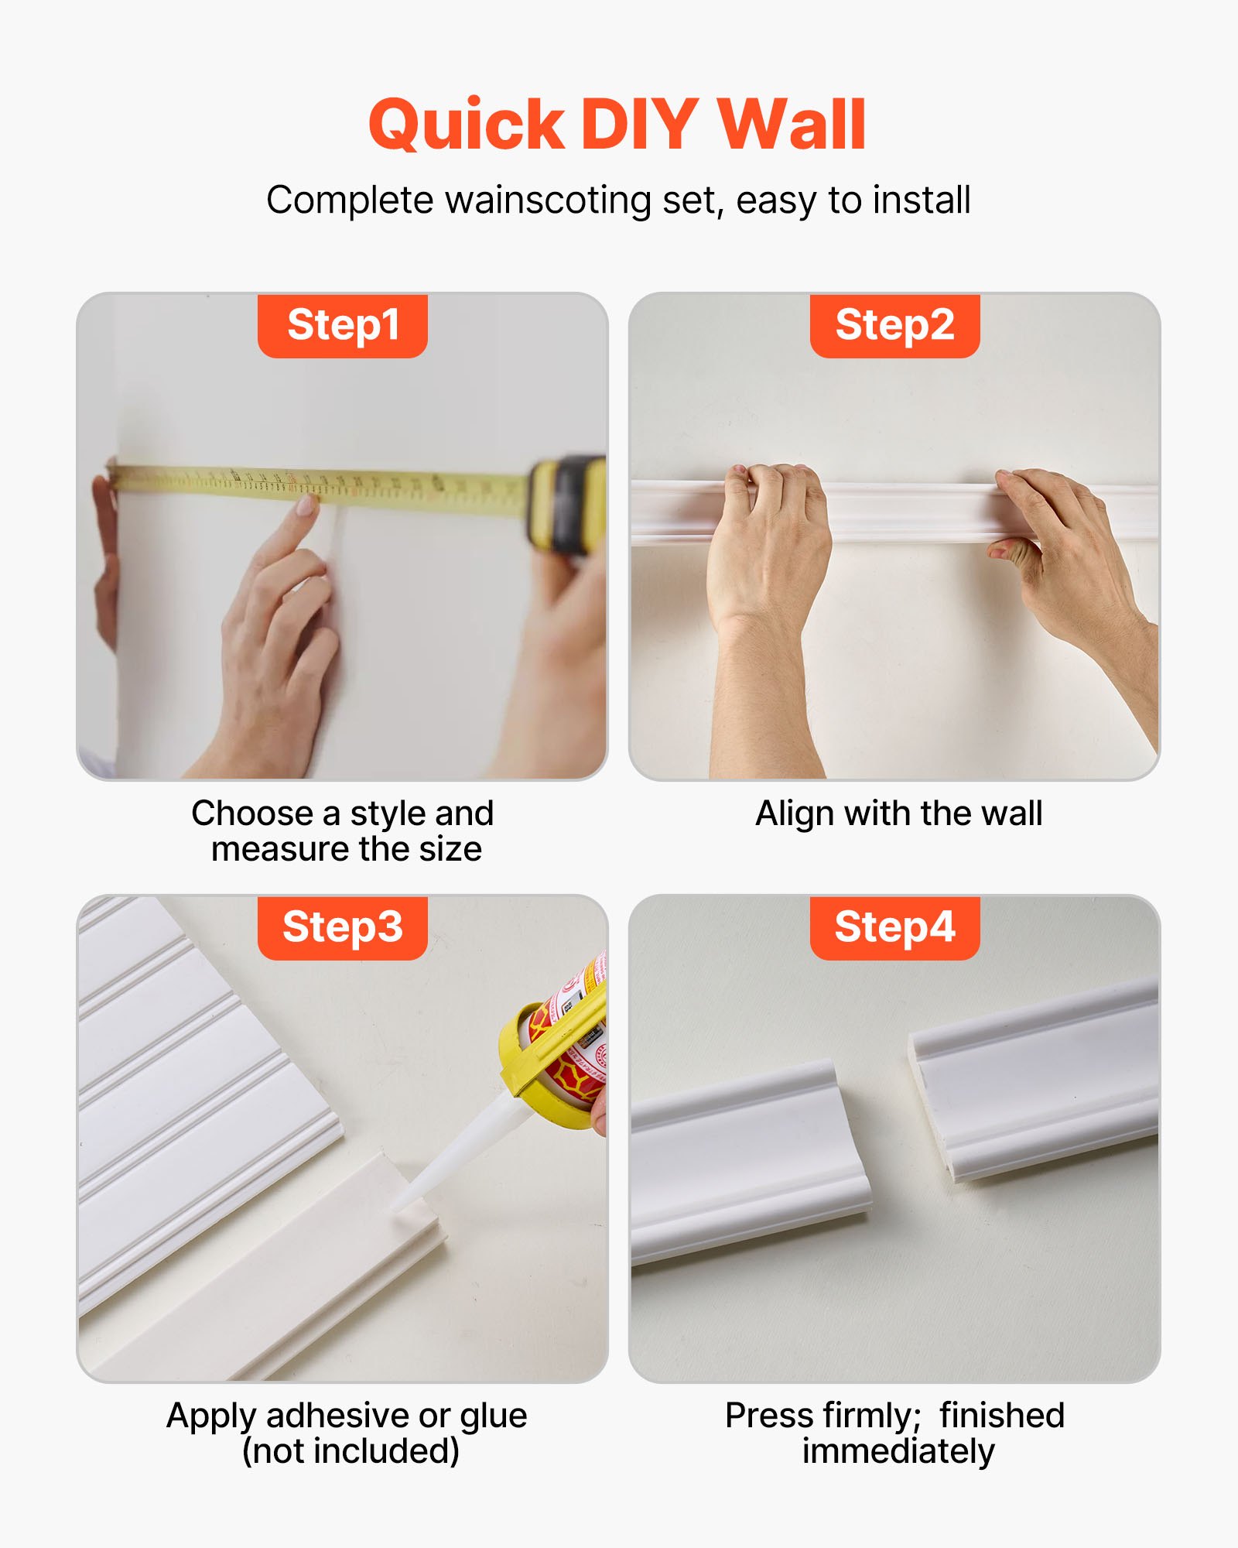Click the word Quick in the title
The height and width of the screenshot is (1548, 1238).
pos(466,125)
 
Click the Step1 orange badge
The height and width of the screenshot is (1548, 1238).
pos(343,325)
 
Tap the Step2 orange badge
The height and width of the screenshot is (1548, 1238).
pos(894,325)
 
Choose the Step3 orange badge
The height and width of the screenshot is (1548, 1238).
pos(343,927)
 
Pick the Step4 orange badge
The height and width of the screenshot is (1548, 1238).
pos(894,927)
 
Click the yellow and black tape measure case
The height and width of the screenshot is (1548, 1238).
pos(567,503)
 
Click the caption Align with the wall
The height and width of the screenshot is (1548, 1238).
pos(898,813)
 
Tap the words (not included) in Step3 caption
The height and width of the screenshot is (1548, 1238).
pos(351,1451)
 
